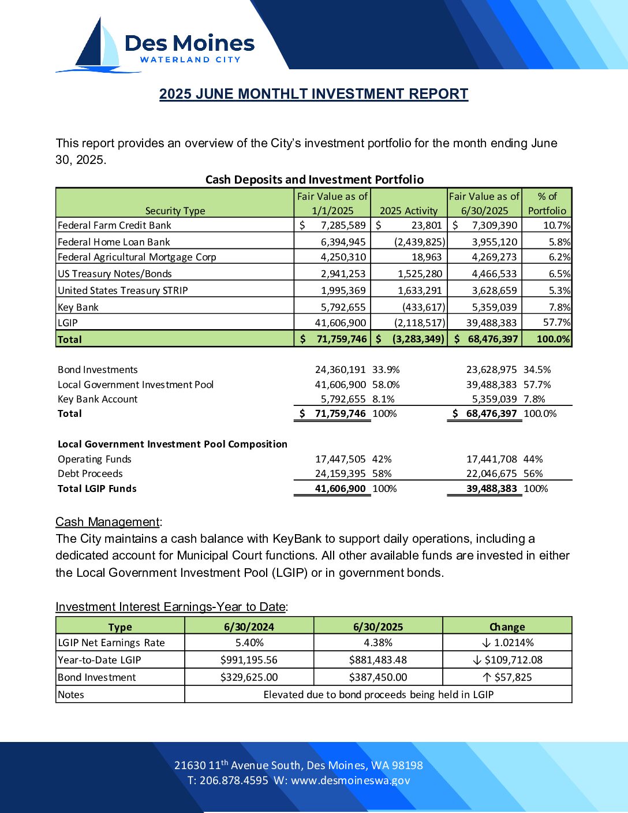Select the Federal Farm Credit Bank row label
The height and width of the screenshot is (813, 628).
(114, 225)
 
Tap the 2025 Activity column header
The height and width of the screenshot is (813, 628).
(409, 211)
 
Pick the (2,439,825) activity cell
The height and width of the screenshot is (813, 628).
(420, 242)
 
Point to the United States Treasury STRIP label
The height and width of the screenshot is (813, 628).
(123, 290)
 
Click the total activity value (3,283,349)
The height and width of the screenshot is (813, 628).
(418, 339)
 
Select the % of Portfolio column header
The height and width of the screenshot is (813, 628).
(547, 203)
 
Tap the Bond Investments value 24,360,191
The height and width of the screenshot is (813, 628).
(340, 370)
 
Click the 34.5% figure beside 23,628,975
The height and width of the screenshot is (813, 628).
(537, 370)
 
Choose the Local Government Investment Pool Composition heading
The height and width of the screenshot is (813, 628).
(173, 444)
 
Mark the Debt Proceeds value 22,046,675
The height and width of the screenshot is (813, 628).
(491, 473)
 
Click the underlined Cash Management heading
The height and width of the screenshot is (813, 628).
(107, 522)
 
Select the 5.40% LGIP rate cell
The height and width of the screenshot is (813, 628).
(249, 643)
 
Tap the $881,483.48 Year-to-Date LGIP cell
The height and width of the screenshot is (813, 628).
(378, 660)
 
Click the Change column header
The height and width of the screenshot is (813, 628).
(507, 626)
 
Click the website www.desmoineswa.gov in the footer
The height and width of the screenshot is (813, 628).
(350, 781)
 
